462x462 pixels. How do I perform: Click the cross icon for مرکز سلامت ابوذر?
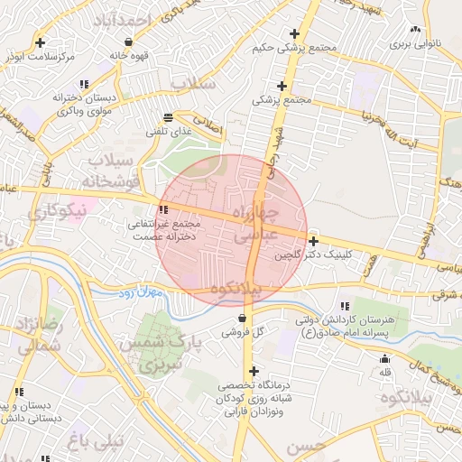pyautogui.click(x=41, y=42)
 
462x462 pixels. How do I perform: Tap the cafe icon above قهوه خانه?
pyautogui.click(x=128, y=42)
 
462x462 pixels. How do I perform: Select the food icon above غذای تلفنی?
pyautogui.click(x=168, y=118)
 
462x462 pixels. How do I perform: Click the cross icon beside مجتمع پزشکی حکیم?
pyautogui.click(x=294, y=33)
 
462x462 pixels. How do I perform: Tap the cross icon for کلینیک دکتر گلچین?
pyautogui.click(x=313, y=241)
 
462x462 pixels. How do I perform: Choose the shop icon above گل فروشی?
pyautogui.click(x=242, y=319)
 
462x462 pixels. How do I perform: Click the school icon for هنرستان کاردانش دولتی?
pyautogui.click(x=345, y=307)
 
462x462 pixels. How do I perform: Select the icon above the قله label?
pyautogui.click(x=385, y=359)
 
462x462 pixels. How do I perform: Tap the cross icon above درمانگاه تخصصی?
pyautogui.click(x=254, y=371)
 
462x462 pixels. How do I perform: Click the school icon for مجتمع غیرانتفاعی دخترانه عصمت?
pyautogui.click(x=163, y=209)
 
